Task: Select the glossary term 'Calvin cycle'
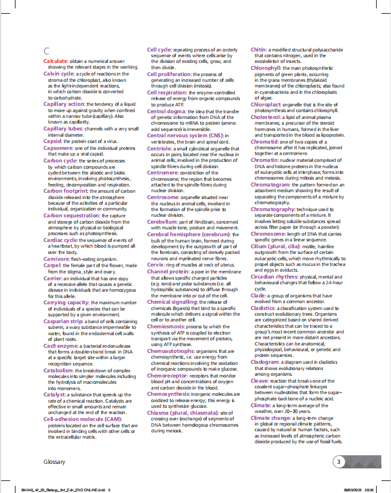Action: (58, 74)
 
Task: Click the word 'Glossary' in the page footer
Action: (54, 461)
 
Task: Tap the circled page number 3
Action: (340, 461)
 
